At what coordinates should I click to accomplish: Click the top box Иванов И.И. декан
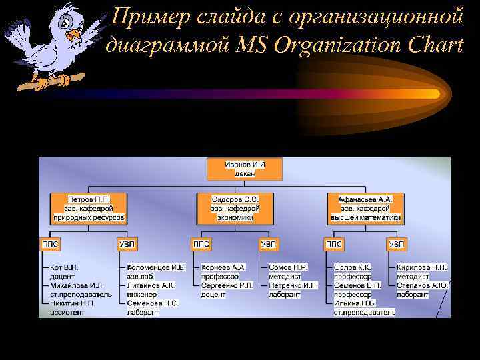[245, 169]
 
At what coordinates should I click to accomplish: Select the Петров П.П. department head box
[89, 208]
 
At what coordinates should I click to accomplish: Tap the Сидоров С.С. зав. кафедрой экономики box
[235, 208]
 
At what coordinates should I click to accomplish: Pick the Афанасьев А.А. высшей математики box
[365, 208]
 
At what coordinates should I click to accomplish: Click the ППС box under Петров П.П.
[51, 245]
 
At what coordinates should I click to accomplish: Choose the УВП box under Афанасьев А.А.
[397, 245]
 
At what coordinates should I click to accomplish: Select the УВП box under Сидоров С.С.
[269, 245]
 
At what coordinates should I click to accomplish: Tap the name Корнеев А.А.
[224, 267]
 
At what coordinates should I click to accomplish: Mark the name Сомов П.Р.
[288, 267]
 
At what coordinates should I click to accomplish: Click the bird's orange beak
[75, 33]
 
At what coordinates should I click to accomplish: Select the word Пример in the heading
[142, 15]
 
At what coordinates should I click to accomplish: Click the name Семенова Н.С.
[153, 303]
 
